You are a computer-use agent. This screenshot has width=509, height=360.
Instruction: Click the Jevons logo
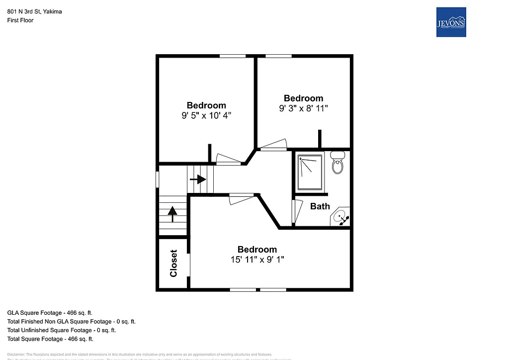coord(451,22)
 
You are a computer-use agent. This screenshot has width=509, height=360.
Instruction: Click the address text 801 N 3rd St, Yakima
coord(34,11)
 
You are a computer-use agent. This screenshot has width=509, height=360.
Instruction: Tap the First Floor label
coord(20,20)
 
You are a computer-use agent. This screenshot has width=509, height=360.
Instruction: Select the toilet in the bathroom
coord(338,163)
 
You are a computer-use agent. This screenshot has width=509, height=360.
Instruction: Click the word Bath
coord(320,206)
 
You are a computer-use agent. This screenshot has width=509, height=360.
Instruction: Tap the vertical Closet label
coord(173,263)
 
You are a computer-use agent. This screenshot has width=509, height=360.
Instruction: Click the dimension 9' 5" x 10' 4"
coord(206,115)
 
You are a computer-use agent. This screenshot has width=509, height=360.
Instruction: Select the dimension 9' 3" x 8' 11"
coord(303,108)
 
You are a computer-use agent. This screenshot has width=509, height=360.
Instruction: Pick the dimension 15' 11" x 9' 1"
coord(256,260)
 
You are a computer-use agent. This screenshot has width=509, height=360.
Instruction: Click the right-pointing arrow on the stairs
coord(198,179)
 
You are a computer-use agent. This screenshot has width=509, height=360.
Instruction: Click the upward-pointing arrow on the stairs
coord(172,214)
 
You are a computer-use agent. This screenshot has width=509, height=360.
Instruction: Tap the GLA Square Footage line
coord(50,313)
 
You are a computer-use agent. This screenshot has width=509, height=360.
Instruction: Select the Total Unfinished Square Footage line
coord(62,330)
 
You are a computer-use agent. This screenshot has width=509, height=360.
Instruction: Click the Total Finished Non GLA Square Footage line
coord(71,322)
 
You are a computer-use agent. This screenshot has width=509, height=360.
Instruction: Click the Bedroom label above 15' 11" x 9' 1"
coord(256,249)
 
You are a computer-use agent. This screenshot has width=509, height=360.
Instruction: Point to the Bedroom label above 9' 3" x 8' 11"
coord(303,98)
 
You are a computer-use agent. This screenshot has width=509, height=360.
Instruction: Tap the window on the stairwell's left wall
coord(158,179)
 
